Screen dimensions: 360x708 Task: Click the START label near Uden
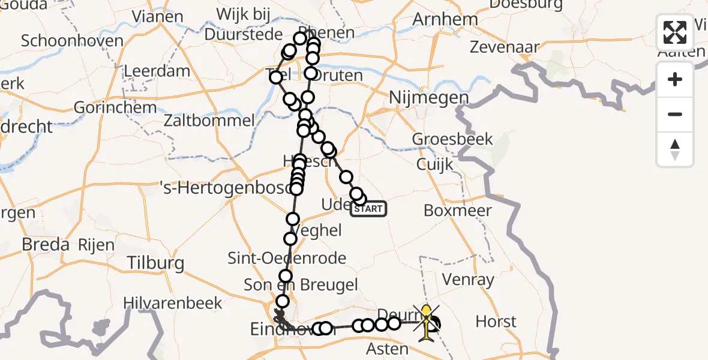tap(368, 209)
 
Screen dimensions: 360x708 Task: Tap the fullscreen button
tap(675, 32)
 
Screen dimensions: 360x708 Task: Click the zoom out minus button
tap(675, 114)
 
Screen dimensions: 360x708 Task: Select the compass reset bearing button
tap(675, 149)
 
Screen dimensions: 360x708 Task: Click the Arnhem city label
tap(445, 19)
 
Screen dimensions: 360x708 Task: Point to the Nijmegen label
tap(428, 97)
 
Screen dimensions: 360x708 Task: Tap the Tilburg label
tap(155, 263)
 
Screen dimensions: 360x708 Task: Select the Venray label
tap(467, 279)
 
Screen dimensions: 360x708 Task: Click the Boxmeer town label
tap(458, 211)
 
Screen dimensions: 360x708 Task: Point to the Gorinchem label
tap(115, 109)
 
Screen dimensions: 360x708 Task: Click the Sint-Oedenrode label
tap(287, 259)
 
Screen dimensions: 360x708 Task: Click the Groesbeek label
tap(452, 139)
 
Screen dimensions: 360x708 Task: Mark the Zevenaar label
tap(505, 46)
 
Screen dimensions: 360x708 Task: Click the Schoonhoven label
tap(72, 41)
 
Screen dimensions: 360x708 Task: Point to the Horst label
tap(496, 322)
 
